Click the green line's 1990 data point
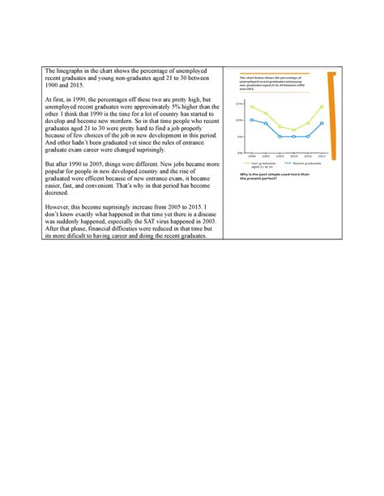tap(252, 107)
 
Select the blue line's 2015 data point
tap(322, 124)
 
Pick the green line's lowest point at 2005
tap(294, 129)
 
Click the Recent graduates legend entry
tap(303, 163)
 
